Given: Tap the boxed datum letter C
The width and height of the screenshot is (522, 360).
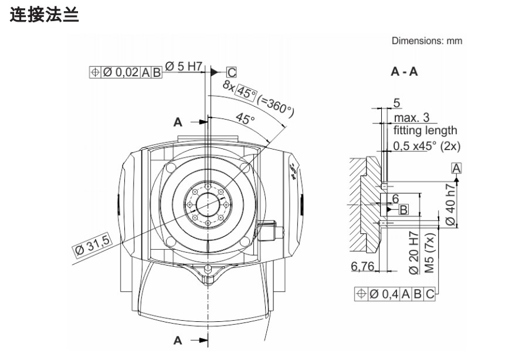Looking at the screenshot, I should (232, 72).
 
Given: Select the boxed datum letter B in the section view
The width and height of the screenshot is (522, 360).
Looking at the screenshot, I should (404, 209).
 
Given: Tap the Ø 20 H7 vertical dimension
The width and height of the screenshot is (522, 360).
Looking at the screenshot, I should (413, 253).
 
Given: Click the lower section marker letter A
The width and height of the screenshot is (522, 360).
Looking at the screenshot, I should (178, 339).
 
